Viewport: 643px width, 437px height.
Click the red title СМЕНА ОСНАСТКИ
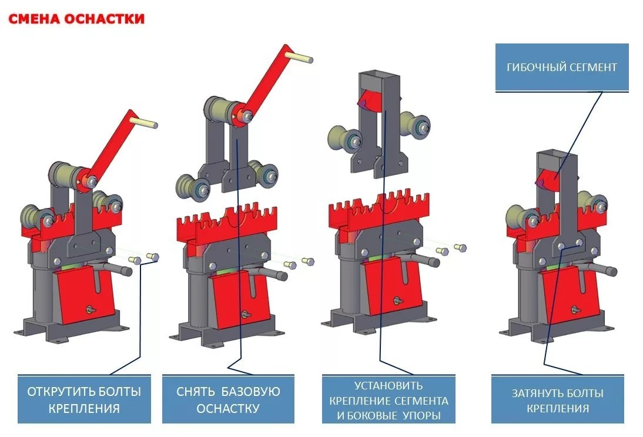tap(76, 19)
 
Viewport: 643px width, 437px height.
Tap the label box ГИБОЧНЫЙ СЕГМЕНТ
tap(562, 67)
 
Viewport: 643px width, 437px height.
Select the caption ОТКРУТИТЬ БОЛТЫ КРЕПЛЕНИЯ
tap(84, 399)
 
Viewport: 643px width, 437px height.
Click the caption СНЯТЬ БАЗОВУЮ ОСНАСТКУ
tap(229, 399)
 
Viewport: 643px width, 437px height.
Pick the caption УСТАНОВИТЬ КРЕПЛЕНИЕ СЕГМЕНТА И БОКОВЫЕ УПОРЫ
tap(389, 399)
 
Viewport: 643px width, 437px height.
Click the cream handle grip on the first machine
tap(144, 122)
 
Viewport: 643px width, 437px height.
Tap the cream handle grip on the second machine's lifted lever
tap(299, 56)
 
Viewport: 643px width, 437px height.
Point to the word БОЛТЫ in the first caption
tap(118, 392)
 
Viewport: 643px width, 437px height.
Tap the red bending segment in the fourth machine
tap(547, 179)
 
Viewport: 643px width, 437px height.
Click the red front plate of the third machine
tap(391, 287)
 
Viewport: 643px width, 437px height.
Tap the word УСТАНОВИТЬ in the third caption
tap(389, 385)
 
